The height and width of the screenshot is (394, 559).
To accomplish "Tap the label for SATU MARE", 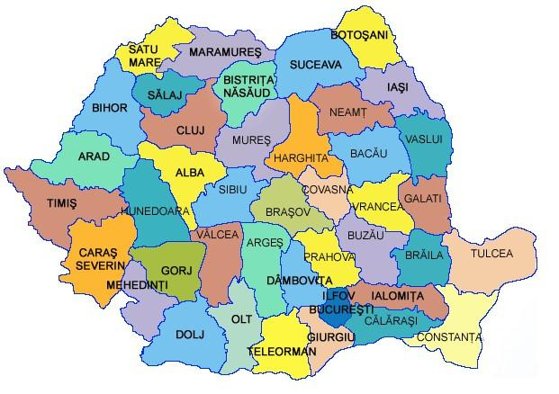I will tap(144, 56).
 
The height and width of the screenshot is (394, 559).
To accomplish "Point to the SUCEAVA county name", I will tap(315, 66).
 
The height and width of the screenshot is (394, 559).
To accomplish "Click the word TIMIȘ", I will tap(62, 204).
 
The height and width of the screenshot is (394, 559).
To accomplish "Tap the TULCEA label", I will tap(491, 254).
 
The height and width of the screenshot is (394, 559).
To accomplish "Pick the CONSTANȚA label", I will tap(455, 337).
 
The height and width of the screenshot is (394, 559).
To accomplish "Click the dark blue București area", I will tap(335, 316).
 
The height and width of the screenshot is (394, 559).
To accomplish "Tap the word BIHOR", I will tap(110, 107).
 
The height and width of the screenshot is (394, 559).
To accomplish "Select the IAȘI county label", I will tap(397, 87).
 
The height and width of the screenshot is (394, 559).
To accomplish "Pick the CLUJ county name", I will tap(190, 130).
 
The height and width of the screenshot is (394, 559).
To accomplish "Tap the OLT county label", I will tap(241, 318).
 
